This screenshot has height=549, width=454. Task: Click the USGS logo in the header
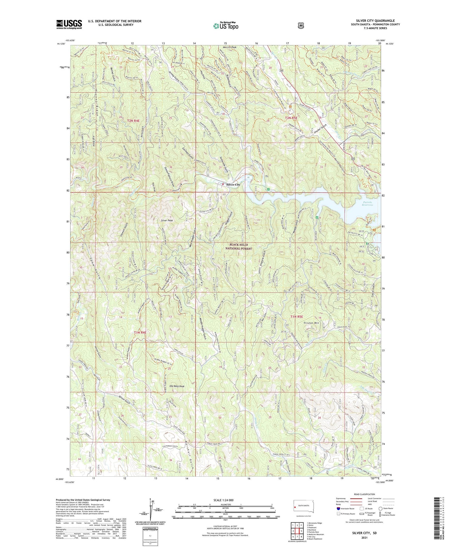69,24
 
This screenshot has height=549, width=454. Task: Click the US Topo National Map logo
226,26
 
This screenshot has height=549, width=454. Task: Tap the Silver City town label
233,184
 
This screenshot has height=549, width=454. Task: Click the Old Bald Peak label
177,386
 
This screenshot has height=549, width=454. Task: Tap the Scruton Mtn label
311,323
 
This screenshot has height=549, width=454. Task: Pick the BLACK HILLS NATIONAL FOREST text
238,246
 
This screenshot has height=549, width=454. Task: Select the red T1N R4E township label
140,332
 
